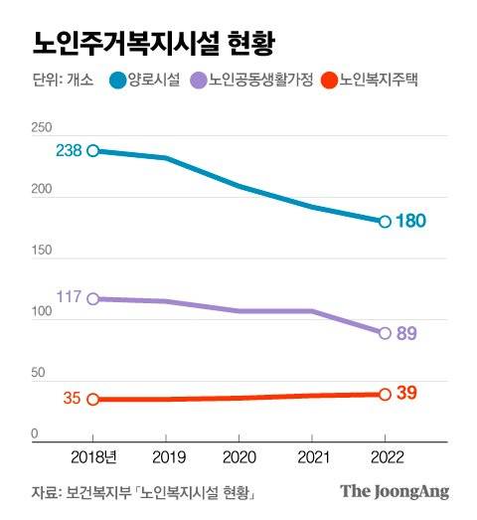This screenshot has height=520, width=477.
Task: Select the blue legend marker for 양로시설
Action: (116, 81)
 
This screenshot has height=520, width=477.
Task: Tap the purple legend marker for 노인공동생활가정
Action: (197, 81)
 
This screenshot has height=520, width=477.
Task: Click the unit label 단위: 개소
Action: (56, 81)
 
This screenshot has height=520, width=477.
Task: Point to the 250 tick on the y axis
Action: (41, 128)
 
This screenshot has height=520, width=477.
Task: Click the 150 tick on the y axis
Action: (41, 251)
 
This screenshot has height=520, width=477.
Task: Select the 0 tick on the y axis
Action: (34, 434)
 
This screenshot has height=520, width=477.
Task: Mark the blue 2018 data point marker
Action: (92, 151)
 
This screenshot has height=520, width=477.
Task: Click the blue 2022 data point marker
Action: (385, 221)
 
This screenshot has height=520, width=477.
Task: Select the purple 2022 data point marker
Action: (385, 333)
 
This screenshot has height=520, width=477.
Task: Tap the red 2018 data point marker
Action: (92, 399)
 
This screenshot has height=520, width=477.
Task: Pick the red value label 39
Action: (406, 393)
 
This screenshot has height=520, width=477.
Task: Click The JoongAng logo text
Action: (395, 491)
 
